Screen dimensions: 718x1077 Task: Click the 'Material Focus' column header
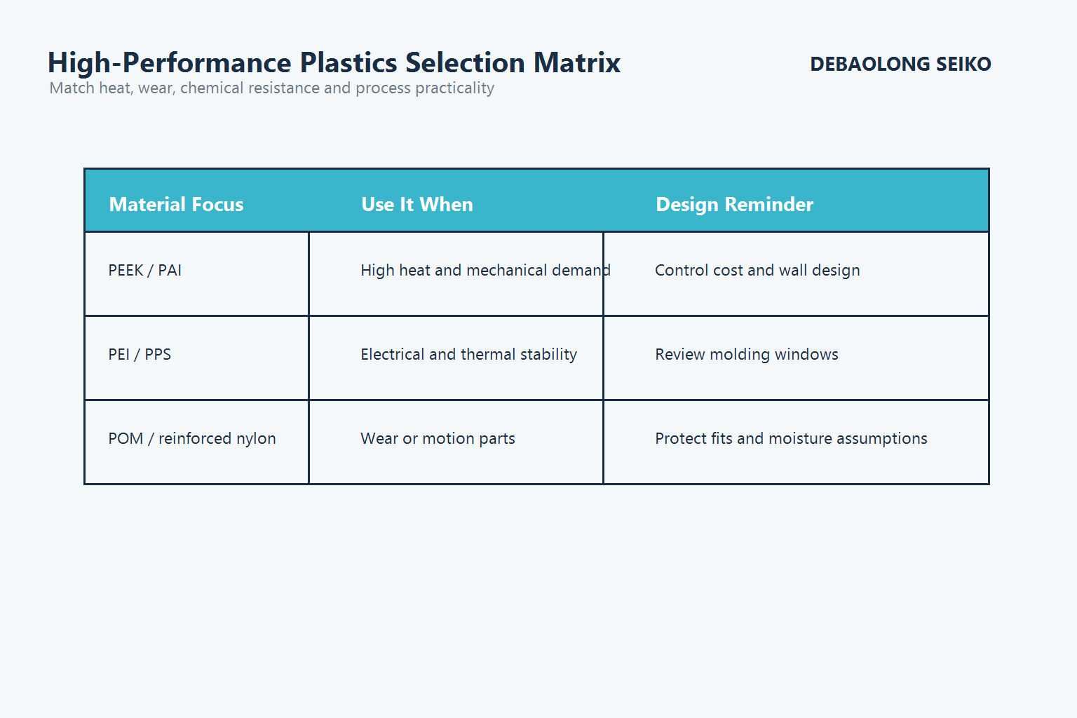(x=176, y=204)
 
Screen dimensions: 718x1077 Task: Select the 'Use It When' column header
(x=416, y=204)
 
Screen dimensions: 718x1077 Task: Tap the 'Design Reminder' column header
(x=734, y=204)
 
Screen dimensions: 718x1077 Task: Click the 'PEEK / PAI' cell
(x=145, y=271)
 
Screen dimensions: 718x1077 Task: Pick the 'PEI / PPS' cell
(x=140, y=355)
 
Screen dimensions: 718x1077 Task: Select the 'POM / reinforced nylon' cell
(x=192, y=439)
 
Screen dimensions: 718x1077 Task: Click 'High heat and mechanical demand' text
(x=485, y=271)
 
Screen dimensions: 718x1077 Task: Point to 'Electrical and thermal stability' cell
(x=468, y=355)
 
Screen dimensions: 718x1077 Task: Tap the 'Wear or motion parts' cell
(x=438, y=439)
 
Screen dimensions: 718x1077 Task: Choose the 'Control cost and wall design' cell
(x=757, y=271)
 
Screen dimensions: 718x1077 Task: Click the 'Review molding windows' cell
(x=746, y=355)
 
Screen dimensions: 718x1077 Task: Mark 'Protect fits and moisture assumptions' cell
(x=791, y=439)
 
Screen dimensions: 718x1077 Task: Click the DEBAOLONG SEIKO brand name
(x=900, y=65)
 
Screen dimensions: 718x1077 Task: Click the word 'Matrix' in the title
(x=576, y=63)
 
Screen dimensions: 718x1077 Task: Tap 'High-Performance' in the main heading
(x=169, y=63)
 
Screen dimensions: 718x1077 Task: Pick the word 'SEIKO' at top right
(x=963, y=65)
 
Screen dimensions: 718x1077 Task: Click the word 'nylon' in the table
(x=256, y=439)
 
